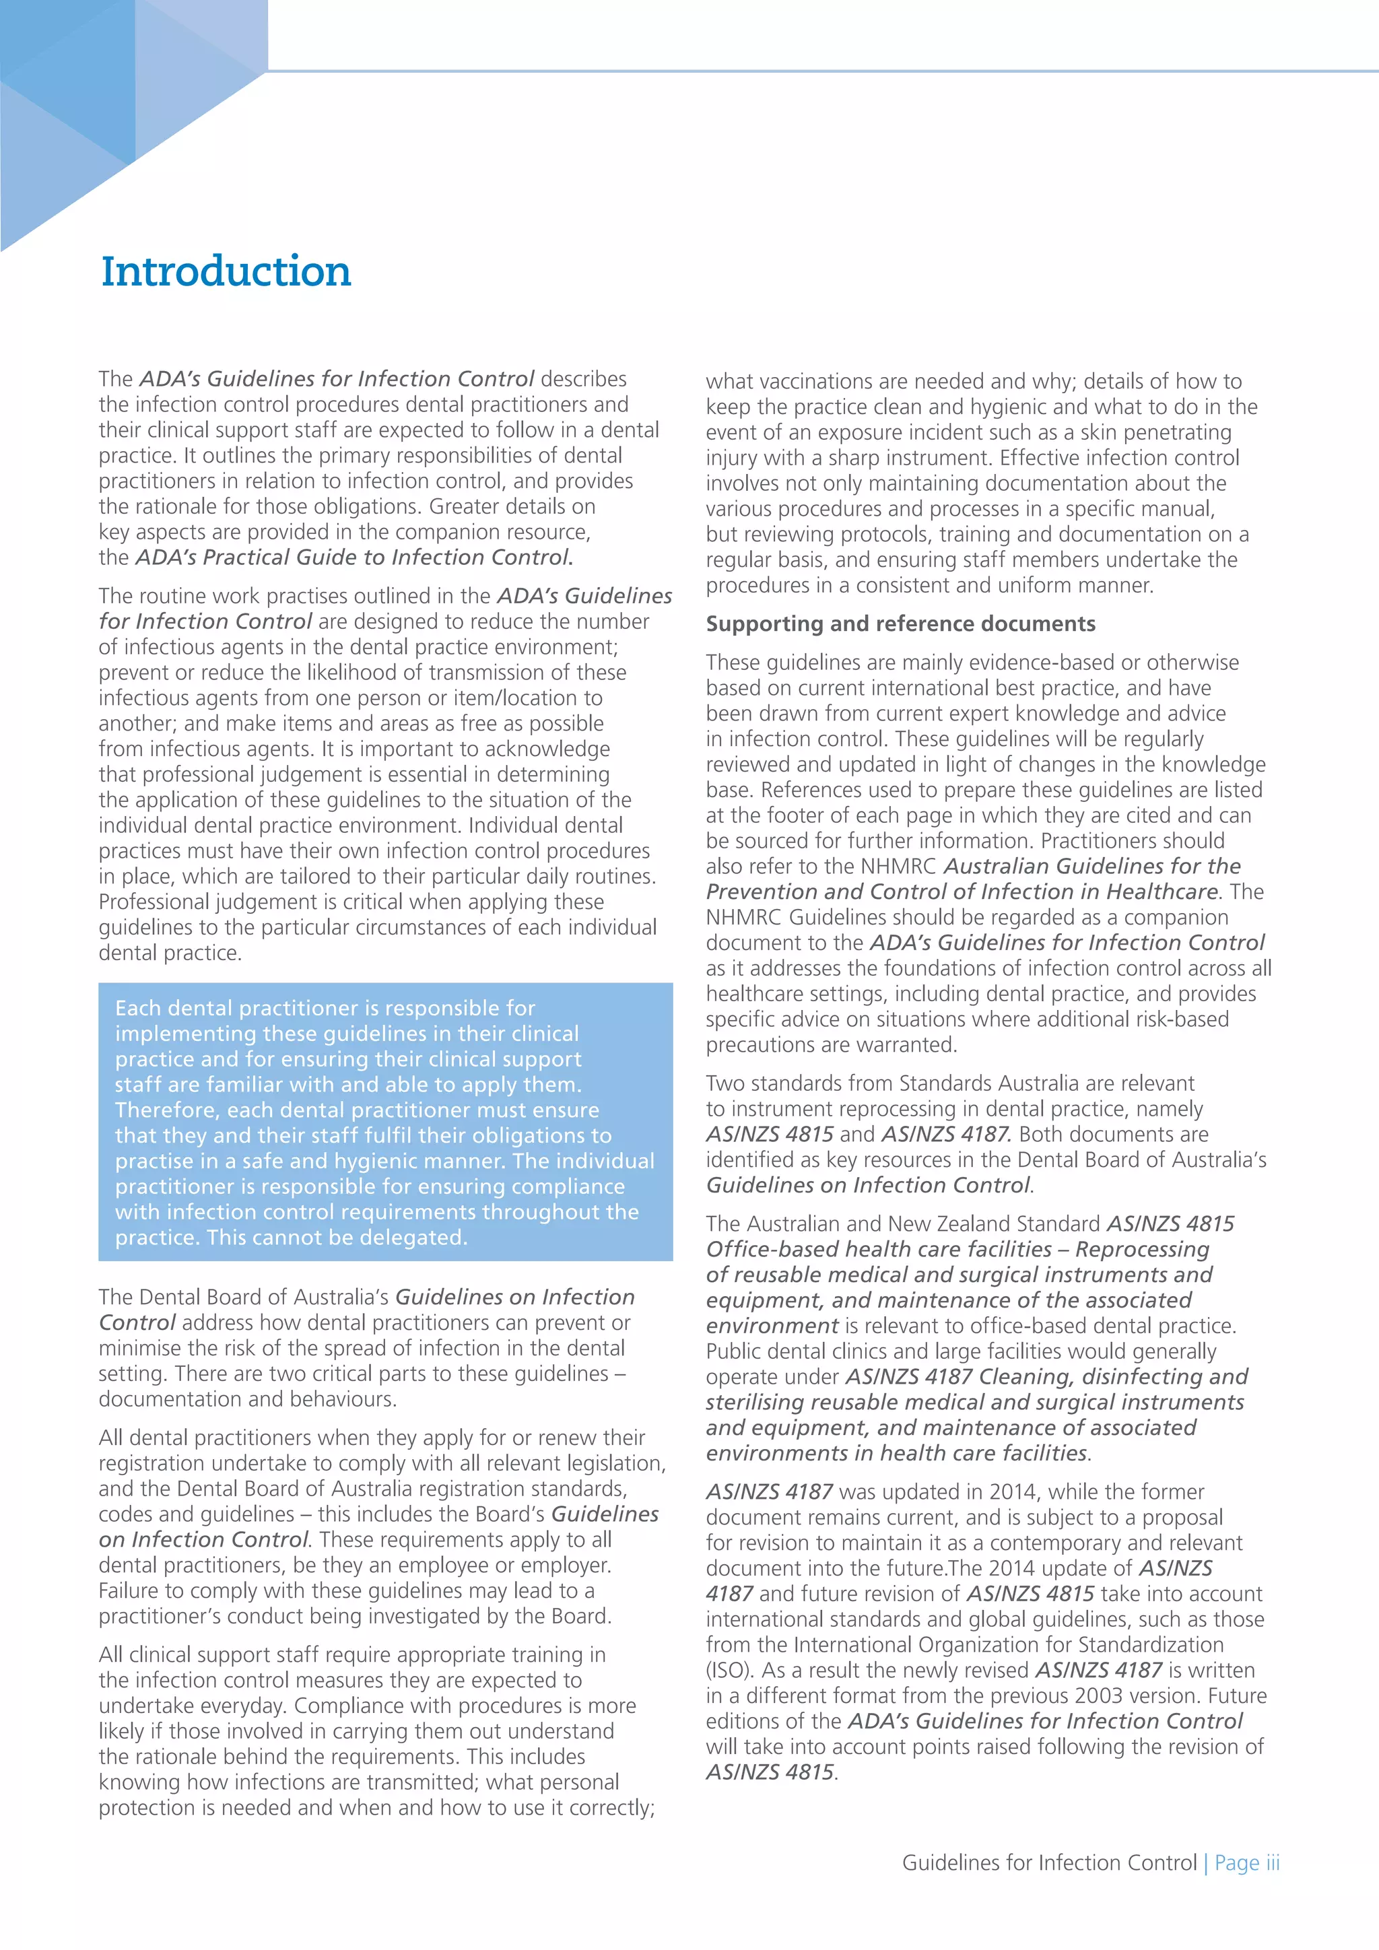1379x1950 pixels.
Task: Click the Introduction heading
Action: coord(226,272)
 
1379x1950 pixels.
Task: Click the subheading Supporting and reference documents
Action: coord(900,624)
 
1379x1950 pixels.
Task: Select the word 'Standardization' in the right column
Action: coord(1151,1644)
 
